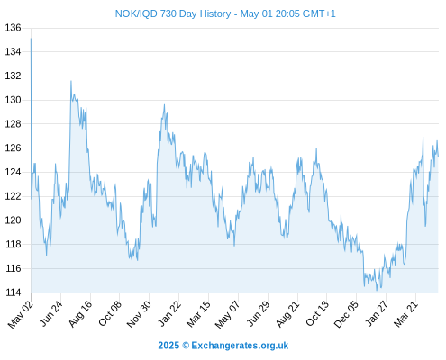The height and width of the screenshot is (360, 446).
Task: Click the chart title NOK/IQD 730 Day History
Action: click(173, 13)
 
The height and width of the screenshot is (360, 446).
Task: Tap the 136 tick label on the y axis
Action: click(13, 28)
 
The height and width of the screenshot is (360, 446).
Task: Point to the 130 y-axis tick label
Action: click(13, 100)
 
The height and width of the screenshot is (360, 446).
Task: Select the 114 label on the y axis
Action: click(13, 292)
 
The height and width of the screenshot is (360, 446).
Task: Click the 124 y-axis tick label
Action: click(13, 172)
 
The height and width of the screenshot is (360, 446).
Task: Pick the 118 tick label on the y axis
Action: click(13, 244)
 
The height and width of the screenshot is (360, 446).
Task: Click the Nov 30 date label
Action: click(139, 314)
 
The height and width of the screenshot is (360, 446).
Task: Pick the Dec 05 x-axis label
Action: click(346, 314)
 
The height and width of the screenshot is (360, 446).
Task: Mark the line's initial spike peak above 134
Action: click(31, 39)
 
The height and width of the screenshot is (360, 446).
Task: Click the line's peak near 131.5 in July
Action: click(71, 81)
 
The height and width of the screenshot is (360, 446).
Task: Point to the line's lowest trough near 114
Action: click(377, 290)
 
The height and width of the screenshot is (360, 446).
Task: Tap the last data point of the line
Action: click(438, 156)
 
